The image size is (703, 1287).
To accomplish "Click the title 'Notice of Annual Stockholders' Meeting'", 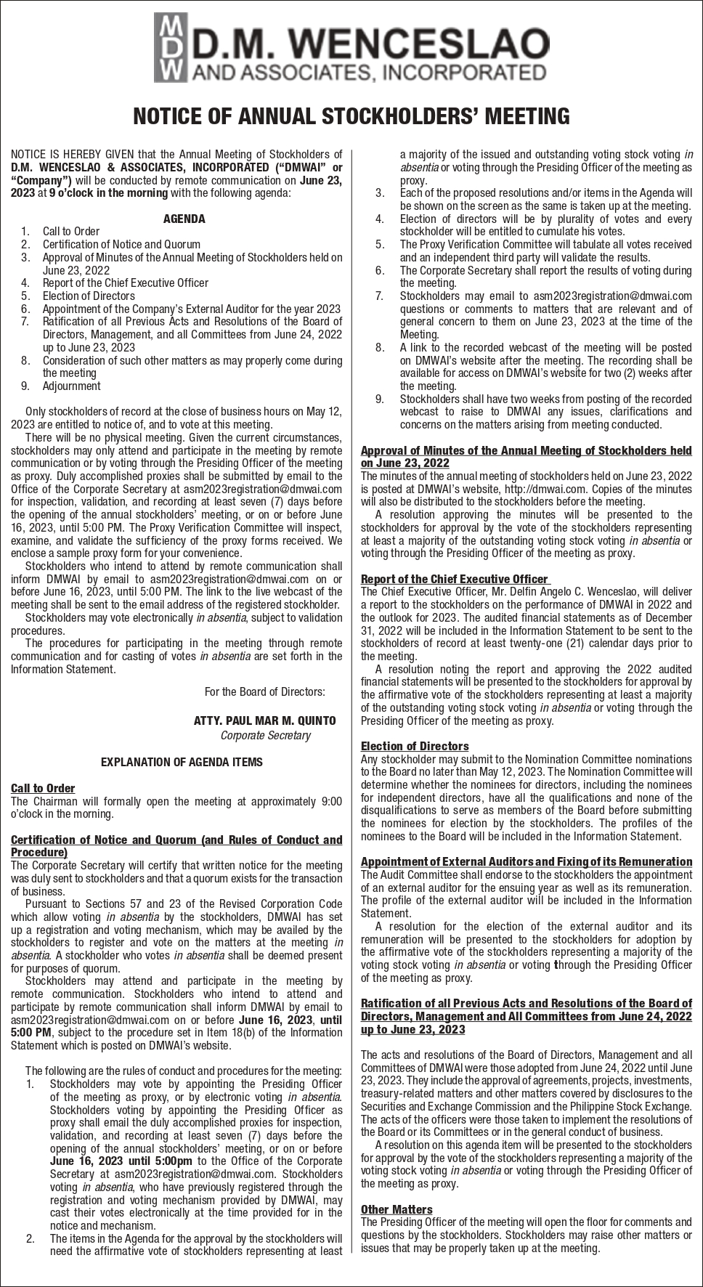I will (351, 116).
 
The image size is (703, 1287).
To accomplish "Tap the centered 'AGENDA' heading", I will (184, 219).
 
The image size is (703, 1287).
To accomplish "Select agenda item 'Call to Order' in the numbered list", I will (70, 232).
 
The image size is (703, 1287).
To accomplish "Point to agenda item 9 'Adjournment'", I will (71, 386).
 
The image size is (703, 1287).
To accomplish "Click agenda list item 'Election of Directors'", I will (89, 296).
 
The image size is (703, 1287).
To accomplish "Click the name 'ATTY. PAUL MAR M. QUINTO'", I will (264, 720).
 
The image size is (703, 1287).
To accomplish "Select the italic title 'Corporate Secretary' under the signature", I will (265, 735).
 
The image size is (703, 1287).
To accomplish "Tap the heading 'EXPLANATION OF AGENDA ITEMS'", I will (182, 762).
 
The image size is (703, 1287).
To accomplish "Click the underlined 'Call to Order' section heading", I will (43, 788).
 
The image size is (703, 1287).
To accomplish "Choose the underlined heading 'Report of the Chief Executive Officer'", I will (454, 579).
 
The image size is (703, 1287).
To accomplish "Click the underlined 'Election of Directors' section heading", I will (415, 746).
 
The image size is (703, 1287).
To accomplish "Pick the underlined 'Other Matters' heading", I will (397, 1209).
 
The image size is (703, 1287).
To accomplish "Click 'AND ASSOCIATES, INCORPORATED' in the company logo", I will (367, 72).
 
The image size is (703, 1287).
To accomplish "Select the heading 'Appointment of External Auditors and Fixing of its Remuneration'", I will (526, 862).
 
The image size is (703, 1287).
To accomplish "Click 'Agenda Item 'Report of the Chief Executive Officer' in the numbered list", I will (125, 283).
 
